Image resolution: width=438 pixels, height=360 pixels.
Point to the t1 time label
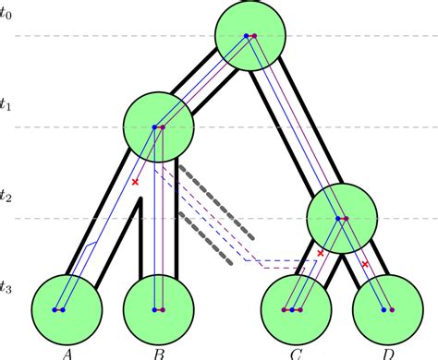(x=7, y=105)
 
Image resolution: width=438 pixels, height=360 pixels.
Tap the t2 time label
(x=7, y=197)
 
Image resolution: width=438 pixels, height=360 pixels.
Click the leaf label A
(x=67, y=351)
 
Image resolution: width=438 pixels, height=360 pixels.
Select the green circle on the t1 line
(x=157, y=126)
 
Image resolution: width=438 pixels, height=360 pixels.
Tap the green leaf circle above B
(x=157, y=307)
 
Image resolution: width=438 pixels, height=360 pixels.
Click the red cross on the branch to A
(x=136, y=182)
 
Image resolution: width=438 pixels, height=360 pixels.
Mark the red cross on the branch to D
(x=365, y=265)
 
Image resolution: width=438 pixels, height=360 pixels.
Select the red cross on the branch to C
(x=321, y=252)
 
